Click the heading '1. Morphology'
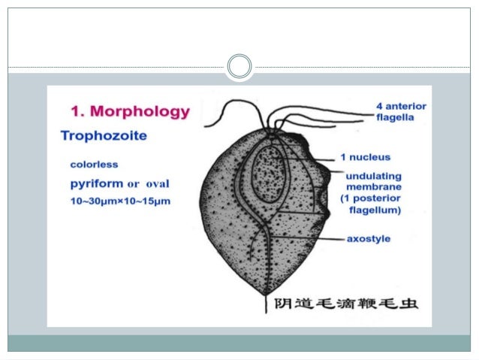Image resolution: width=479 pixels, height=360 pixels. point(130,112)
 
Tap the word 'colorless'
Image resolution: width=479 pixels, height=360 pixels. point(94,163)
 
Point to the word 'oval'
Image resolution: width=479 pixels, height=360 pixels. point(159,183)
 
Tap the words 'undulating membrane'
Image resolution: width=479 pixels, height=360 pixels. point(373,181)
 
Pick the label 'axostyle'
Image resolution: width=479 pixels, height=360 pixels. point(368,239)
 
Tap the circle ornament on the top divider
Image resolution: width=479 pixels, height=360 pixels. point(239,67)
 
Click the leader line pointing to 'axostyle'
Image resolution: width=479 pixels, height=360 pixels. point(308,239)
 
